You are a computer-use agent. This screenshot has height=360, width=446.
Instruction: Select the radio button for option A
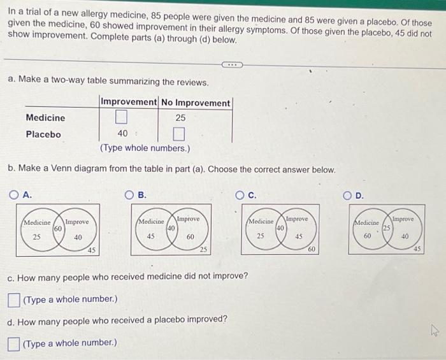13,195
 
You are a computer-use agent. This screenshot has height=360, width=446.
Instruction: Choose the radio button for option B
129,195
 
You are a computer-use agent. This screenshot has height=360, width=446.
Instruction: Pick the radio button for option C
240,196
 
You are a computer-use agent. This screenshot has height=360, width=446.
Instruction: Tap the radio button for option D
347,196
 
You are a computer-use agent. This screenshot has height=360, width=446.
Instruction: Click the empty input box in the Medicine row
121,117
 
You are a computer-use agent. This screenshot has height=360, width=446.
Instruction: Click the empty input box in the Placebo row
178,134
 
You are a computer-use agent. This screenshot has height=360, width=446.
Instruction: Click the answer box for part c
13,300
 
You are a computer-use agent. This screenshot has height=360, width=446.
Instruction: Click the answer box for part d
13,344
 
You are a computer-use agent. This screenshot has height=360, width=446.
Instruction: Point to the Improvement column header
129,102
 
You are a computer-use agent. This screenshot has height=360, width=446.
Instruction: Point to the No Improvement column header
196,103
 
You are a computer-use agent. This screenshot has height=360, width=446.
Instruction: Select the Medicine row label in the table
45,118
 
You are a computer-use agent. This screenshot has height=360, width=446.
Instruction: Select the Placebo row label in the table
43,134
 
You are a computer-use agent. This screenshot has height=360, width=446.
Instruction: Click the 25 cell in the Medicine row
180,118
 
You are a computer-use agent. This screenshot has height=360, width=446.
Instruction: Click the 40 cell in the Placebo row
122,133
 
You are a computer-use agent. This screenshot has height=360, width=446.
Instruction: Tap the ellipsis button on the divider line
232,65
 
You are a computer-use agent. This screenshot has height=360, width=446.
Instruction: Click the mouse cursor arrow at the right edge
435,331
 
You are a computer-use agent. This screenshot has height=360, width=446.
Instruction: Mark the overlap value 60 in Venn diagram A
58,229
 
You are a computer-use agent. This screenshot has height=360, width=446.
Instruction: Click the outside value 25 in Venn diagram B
203,250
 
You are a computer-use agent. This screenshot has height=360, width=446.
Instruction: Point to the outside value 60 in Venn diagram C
312,249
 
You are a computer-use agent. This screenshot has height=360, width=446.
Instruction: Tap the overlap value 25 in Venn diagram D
387,228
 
